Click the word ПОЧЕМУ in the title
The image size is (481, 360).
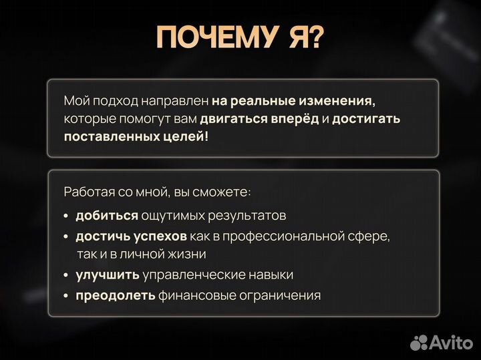211,39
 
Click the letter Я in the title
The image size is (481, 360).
289,39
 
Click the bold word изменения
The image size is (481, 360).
340,102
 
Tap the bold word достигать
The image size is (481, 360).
366,119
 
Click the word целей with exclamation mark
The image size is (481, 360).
188,136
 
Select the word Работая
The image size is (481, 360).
86,192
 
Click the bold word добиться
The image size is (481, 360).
107,216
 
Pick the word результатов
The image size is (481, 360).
248,216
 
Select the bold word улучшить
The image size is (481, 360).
107,275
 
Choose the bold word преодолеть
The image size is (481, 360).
116,295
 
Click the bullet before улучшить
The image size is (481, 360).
66,275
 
